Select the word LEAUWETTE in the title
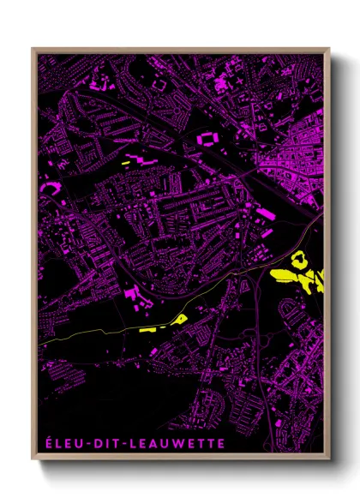178,443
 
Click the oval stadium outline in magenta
207,137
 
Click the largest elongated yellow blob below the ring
286,276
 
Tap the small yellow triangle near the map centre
181,319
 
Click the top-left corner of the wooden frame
33,49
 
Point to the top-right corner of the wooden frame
330,49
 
